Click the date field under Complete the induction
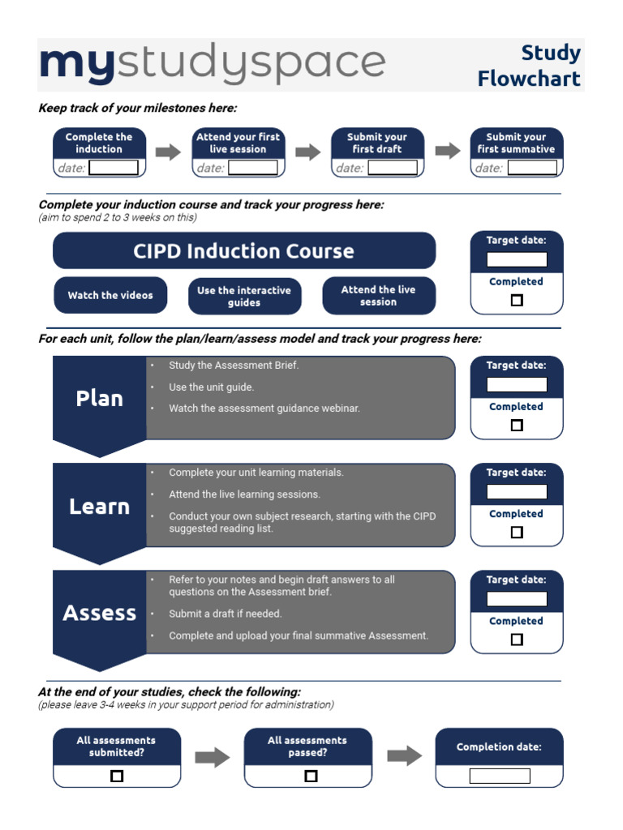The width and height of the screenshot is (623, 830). click(x=114, y=168)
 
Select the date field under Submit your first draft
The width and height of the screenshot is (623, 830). click(x=392, y=168)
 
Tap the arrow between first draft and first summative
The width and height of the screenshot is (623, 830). click(x=448, y=151)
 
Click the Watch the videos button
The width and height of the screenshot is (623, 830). click(x=110, y=296)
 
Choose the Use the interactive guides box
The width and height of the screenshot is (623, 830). click(x=244, y=296)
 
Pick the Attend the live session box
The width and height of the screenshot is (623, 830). click(x=379, y=296)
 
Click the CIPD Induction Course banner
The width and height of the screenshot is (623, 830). click(x=243, y=251)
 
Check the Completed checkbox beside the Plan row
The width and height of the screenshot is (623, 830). click(x=517, y=425)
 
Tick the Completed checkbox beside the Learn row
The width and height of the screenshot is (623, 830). click(x=517, y=533)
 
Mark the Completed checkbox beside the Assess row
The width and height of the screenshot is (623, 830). click(x=517, y=640)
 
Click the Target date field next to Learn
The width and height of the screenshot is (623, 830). click(x=517, y=491)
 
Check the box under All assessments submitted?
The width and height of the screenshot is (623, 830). click(x=117, y=776)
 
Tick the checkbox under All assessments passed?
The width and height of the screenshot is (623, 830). click(x=311, y=776)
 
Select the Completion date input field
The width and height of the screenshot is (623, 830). click(x=500, y=776)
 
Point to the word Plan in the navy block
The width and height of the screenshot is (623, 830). click(x=99, y=398)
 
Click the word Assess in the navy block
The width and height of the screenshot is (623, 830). click(x=99, y=613)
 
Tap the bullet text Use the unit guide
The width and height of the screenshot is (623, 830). click(x=211, y=387)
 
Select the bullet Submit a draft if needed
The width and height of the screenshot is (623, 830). click(x=225, y=614)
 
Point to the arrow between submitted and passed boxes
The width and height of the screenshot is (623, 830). click(x=213, y=757)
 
